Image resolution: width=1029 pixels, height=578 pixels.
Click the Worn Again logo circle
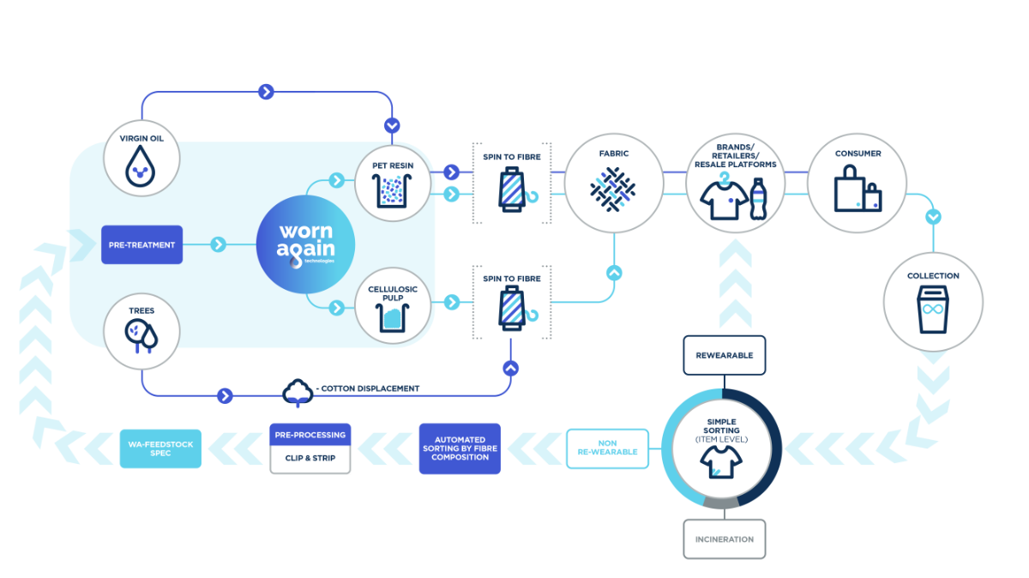pyautogui.click(x=305, y=244)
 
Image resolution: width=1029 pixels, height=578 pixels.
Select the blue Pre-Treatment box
pyautogui.click(x=142, y=244)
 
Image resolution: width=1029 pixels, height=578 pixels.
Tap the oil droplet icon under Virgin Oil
pyautogui.click(x=140, y=166)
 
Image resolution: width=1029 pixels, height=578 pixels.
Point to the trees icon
pyautogui.click(x=141, y=336)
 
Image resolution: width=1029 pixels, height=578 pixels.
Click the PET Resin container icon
pyautogui.click(x=392, y=191)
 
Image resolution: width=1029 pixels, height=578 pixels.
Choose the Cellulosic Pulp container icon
pyautogui.click(x=392, y=317)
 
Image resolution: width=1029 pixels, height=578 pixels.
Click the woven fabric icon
pyautogui.click(x=613, y=190)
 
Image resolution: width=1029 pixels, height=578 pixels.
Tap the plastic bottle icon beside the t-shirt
pyautogui.click(x=758, y=199)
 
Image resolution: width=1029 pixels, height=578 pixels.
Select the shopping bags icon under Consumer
pyautogui.click(x=857, y=189)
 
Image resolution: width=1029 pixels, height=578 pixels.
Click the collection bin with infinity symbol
pyautogui.click(x=933, y=310)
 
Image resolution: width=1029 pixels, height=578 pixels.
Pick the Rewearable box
pyautogui.click(x=724, y=355)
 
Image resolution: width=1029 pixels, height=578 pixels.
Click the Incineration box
pyautogui.click(x=724, y=539)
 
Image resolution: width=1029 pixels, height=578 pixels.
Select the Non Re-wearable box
pyautogui.click(x=607, y=448)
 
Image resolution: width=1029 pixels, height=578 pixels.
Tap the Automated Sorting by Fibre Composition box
pyautogui.click(x=460, y=449)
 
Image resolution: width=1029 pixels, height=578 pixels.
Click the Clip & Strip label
pyautogui.click(x=310, y=458)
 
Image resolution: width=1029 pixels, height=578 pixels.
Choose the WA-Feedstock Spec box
pyautogui.click(x=160, y=449)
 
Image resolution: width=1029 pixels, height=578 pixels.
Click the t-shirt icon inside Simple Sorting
pyautogui.click(x=721, y=462)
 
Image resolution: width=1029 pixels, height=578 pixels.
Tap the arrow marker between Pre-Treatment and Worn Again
pyautogui.click(x=218, y=244)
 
